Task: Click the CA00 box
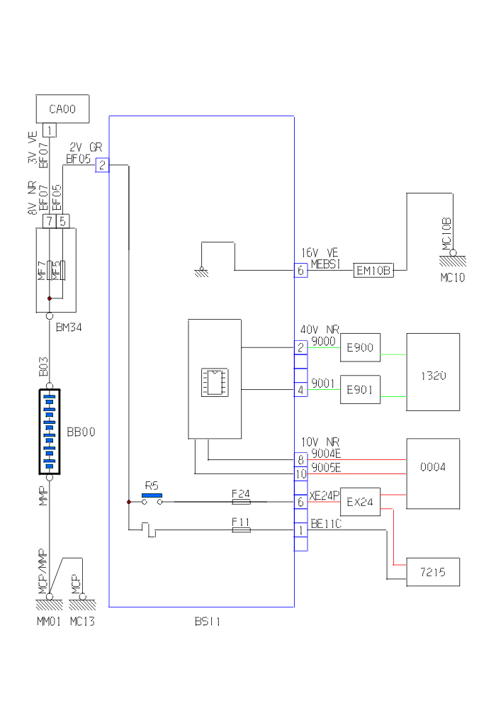[x=62, y=108]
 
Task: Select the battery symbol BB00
[x=50, y=431]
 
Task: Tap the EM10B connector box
[x=373, y=270]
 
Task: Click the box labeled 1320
[x=432, y=376]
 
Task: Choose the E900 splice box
[x=360, y=348]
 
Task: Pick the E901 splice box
[x=360, y=389]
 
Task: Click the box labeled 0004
[x=432, y=468]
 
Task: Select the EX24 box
[x=360, y=502]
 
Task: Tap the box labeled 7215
[x=432, y=572]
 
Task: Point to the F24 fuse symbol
[x=241, y=501]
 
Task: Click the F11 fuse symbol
[x=241, y=529]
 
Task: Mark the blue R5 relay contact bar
[x=152, y=495]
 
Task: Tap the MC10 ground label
[x=452, y=278]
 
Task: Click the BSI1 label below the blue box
[x=208, y=622]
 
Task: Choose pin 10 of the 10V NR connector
[x=301, y=473]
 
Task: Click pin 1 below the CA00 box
[x=50, y=130]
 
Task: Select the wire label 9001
[x=322, y=383]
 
